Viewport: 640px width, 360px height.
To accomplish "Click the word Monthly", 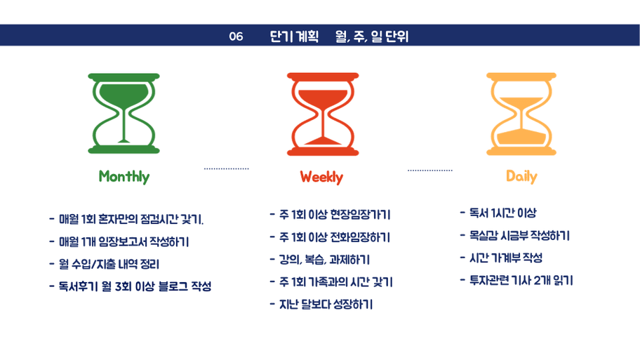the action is (x=124, y=177).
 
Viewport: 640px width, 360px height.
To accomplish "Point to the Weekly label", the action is (x=321, y=177).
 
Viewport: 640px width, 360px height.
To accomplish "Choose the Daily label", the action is (x=521, y=176).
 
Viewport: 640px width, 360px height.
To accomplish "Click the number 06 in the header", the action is (x=236, y=36).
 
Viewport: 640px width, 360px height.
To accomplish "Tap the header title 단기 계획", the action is (x=294, y=36).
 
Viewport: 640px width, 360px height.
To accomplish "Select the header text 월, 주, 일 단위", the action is (x=372, y=36).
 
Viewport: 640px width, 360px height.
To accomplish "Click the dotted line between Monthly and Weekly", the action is (x=227, y=168).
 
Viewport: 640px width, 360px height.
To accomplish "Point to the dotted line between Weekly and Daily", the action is (x=430, y=171).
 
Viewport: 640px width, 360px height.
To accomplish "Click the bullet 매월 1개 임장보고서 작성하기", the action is (x=119, y=242).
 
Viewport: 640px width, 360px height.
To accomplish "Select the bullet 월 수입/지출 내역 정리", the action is (x=104, y=264).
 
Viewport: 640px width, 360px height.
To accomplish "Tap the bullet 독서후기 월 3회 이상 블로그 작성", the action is (x=131, y=286).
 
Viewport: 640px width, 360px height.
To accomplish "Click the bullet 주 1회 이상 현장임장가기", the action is (x=331, y=215).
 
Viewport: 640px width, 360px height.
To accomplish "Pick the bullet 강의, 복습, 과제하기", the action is (x=320, y=260).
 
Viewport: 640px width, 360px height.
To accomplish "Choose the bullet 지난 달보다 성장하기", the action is (x=321, y=305).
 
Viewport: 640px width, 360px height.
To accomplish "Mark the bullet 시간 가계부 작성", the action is (x=501, y=258).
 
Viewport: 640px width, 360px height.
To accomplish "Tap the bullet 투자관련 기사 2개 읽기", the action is (x=516, y=281).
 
